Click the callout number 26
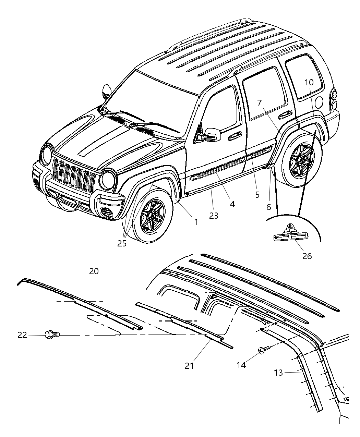[x=307, y=256]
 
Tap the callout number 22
[x=22, y=335]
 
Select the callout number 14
[x=241, y=365]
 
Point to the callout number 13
[x=278, y=373]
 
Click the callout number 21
[x=189, y=366]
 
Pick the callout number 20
[x=94, y=271]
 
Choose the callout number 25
[x=122, y=243]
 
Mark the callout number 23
[x=214, y=216]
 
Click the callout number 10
[x=309, y=82]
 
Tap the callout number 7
[x=259, y=102]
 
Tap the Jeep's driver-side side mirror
[x=213, y=134]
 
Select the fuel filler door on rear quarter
[x=318, y=102]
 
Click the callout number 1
[x=196, y=222]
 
